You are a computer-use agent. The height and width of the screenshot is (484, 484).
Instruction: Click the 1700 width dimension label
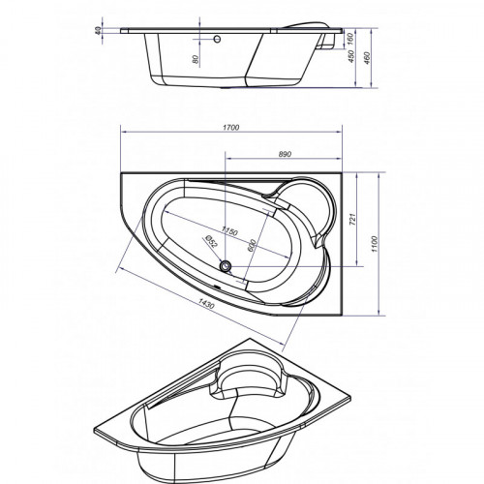[x=231, y=128]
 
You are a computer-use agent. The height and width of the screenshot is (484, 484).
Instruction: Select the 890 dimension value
[x=285, y=154]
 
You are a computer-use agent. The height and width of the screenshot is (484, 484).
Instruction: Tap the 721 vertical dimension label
[x=352, y=220]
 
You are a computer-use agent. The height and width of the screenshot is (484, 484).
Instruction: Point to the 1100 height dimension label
[x=374, y=244]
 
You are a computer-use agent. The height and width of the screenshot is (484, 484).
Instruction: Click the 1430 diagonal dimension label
[x=206, y=303]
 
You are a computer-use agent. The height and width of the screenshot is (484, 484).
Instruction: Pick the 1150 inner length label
[x=229, y=231]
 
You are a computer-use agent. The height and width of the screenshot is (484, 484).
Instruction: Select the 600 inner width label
[x=252, y=246]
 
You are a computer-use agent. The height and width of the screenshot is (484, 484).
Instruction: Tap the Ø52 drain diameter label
[x=211, y=241]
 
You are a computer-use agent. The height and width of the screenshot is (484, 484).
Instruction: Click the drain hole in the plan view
[x=225, y=266]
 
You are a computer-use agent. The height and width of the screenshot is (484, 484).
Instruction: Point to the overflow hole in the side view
[x=217, y=39]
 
